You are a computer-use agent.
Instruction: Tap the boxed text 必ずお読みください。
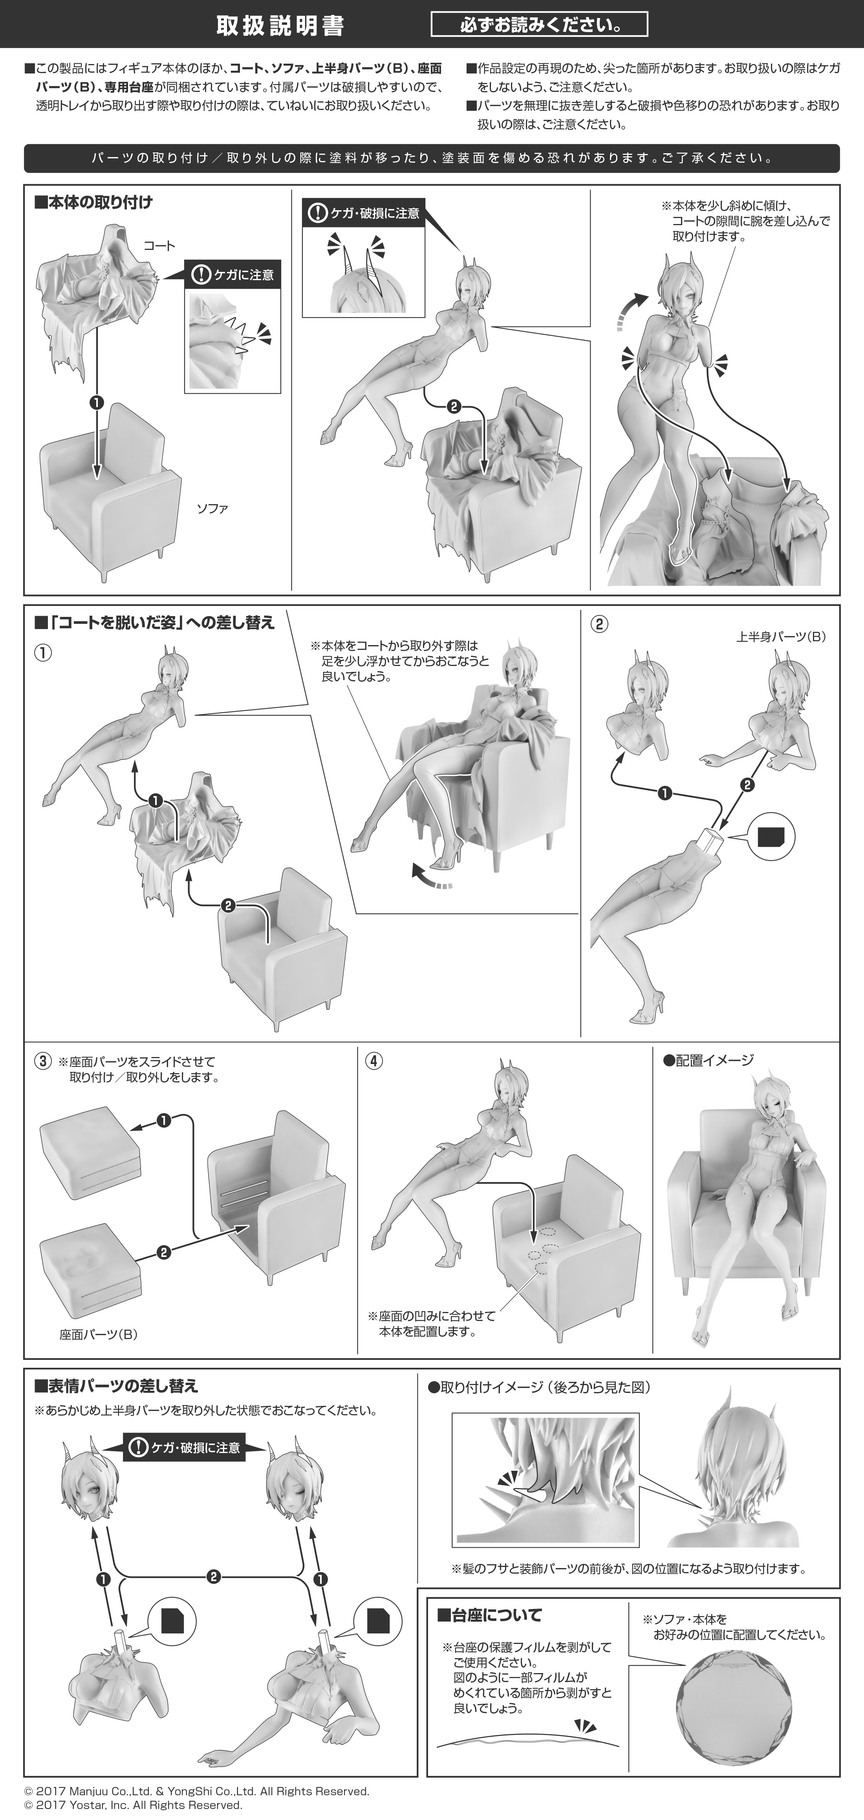coord(539,26)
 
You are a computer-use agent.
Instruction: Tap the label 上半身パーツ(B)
coord(781,637)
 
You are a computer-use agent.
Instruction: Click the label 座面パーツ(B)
coord(99,1335)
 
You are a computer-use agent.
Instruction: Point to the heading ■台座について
coord(490,1615)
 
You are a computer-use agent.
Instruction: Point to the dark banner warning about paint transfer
coord(432,158)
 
